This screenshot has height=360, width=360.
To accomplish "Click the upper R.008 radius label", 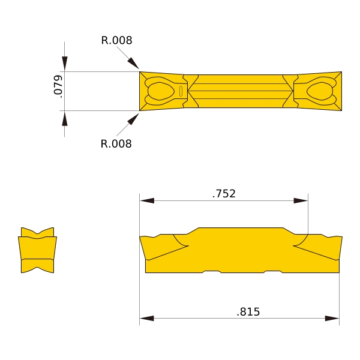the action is [116, 40].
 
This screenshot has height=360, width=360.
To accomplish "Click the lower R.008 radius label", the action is [116, 144].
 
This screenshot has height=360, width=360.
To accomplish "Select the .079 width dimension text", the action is [58, 86].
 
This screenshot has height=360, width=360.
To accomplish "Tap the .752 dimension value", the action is [224, 194].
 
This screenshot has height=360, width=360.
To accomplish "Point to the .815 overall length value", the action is [248, 312].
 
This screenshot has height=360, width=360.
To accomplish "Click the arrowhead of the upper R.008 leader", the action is [133, 63].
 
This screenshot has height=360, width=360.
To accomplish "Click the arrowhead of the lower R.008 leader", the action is [133, 119].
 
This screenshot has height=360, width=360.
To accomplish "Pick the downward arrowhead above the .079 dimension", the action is [65, 64].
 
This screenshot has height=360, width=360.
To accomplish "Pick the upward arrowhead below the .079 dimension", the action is [65, 118].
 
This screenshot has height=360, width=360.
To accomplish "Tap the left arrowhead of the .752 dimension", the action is [147, 200].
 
